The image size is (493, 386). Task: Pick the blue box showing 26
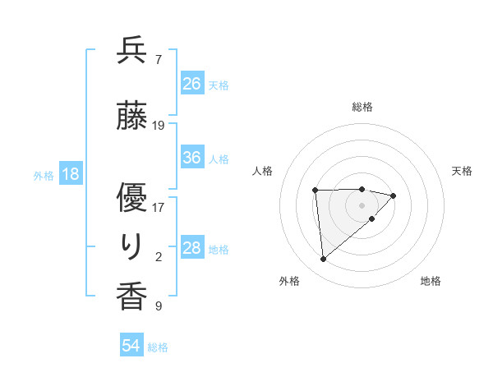coord(192,84)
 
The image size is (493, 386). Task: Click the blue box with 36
coord(192,159)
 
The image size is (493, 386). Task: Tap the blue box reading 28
coord(192,249)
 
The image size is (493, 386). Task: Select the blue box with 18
coord(70,174)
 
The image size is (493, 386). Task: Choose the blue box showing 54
coord(131,347)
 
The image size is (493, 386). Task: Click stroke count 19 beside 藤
coord(159,126)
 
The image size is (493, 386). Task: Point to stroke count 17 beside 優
coord(159,207)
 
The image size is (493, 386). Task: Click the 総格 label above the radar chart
coord(362,107)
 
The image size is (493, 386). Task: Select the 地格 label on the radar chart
coord(431,281)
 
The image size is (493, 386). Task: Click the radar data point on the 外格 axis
coord(324,260)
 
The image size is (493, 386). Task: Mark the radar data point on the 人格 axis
coord(316,191)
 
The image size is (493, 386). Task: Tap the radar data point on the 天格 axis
coord(394,195)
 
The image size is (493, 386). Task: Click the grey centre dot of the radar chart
coord(362,204)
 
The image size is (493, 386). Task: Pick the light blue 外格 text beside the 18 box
coord(44,176)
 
